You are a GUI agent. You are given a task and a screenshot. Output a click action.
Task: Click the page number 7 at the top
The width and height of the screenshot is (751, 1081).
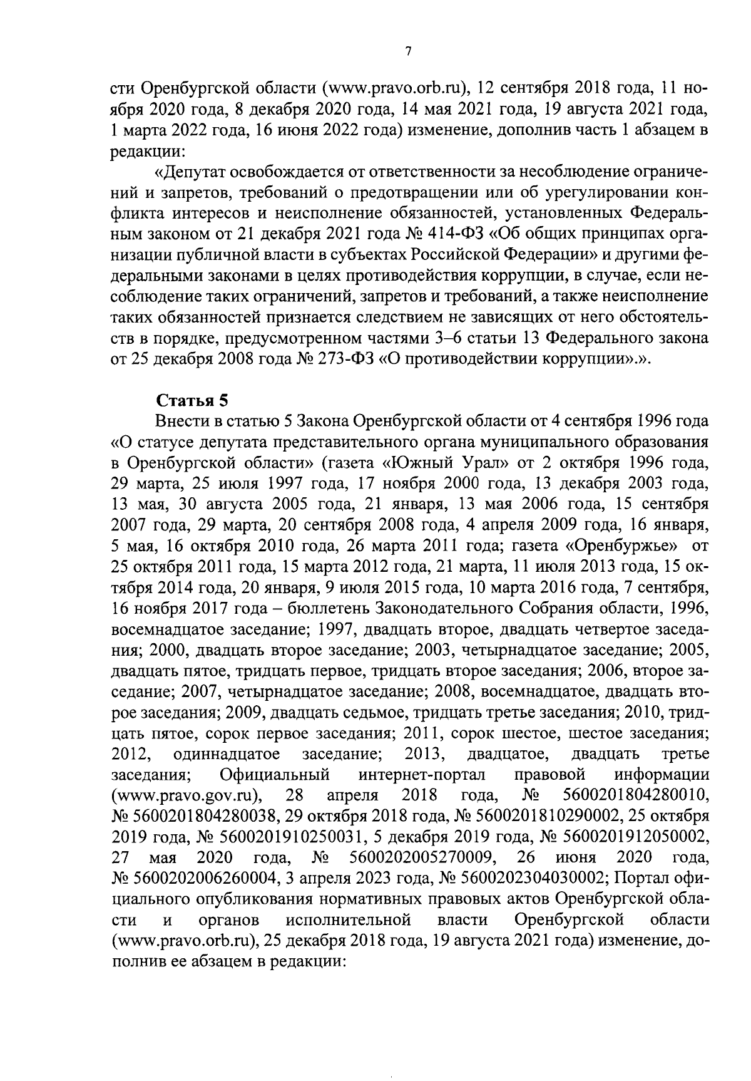[407, 52]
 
